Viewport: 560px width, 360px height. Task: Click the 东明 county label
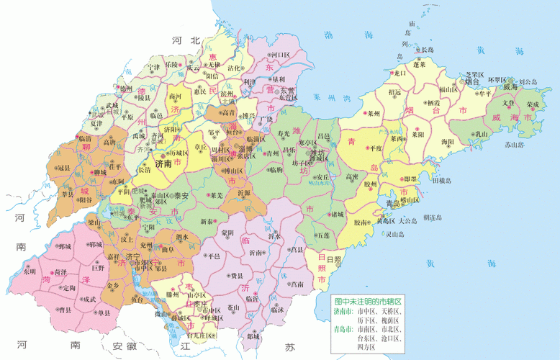click(x=29, y=272)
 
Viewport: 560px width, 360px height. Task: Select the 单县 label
click(x=104, y=313)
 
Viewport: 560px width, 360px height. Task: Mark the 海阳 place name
click(x=447, y=142)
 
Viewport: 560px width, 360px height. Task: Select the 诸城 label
click(x=337, y=214)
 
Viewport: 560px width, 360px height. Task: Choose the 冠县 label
click(x=64, y=168)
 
